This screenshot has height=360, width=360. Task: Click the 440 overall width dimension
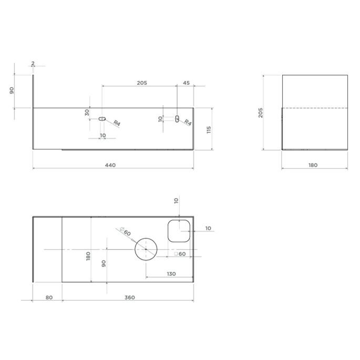click(x=110, y=165)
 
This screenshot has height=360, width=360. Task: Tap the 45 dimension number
click(x=186, y=83)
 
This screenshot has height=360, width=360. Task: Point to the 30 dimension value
click(x=87, y=112)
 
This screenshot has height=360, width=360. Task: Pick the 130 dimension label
click(x=171, y=274)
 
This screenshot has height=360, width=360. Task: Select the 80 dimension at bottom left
click(x=49, y=297)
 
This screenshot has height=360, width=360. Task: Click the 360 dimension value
click(x=130, y=297)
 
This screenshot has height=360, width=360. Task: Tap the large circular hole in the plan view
click(x=146, y=249)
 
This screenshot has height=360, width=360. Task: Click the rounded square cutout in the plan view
click(x=178, y=231)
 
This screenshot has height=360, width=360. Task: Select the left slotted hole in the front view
click(x=102, y=119)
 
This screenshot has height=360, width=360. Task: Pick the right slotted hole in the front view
click(x=177, y=119)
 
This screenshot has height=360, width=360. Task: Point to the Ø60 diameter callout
click(x=126, y=233)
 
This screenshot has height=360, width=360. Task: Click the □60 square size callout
click(x=180, y=254)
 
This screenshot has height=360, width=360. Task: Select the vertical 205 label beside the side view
click(x=260, y=112)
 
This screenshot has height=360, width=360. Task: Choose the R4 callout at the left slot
click(x=116, y=124)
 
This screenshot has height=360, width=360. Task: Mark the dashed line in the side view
click(x=315, y=107)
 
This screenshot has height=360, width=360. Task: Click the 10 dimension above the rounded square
click(x=177, y=200)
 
